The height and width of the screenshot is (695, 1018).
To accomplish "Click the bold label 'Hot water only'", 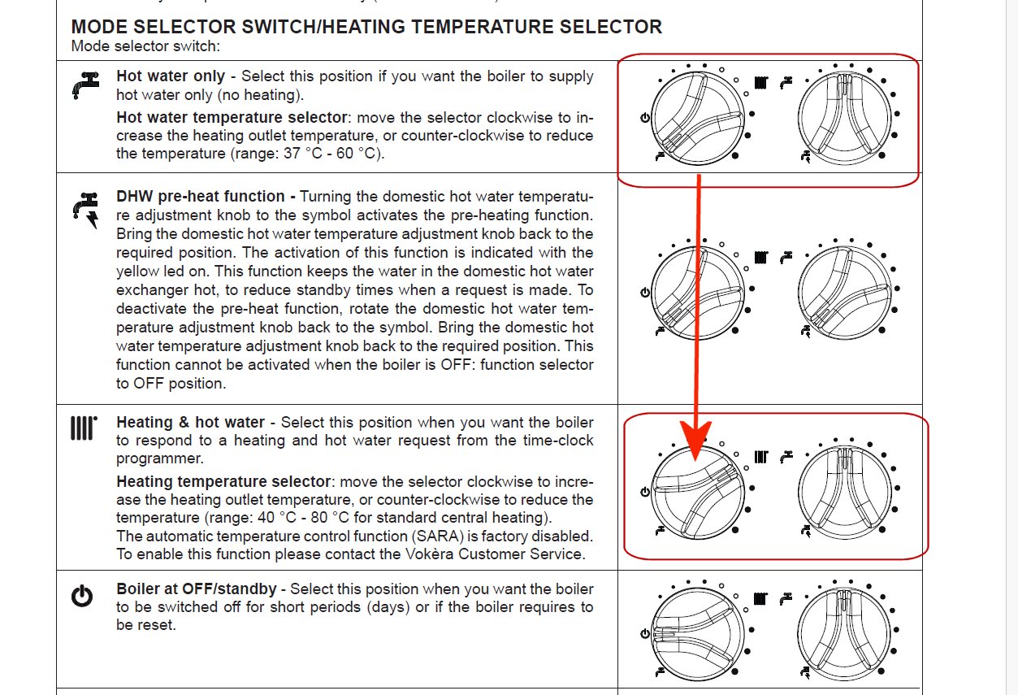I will (x=171, y=76).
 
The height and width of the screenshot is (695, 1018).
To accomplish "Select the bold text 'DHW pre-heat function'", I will (x=200, y=197).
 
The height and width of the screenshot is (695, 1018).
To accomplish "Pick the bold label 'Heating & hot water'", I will (x=190, y=423).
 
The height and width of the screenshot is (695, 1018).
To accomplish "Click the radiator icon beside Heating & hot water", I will (x=83, y=428).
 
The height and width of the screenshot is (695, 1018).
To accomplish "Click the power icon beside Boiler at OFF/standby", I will (x=82, y=597).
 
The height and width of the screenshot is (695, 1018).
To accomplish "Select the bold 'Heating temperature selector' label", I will (x=223, y=482).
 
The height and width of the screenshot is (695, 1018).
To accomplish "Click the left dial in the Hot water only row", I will (x=697, y=115).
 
